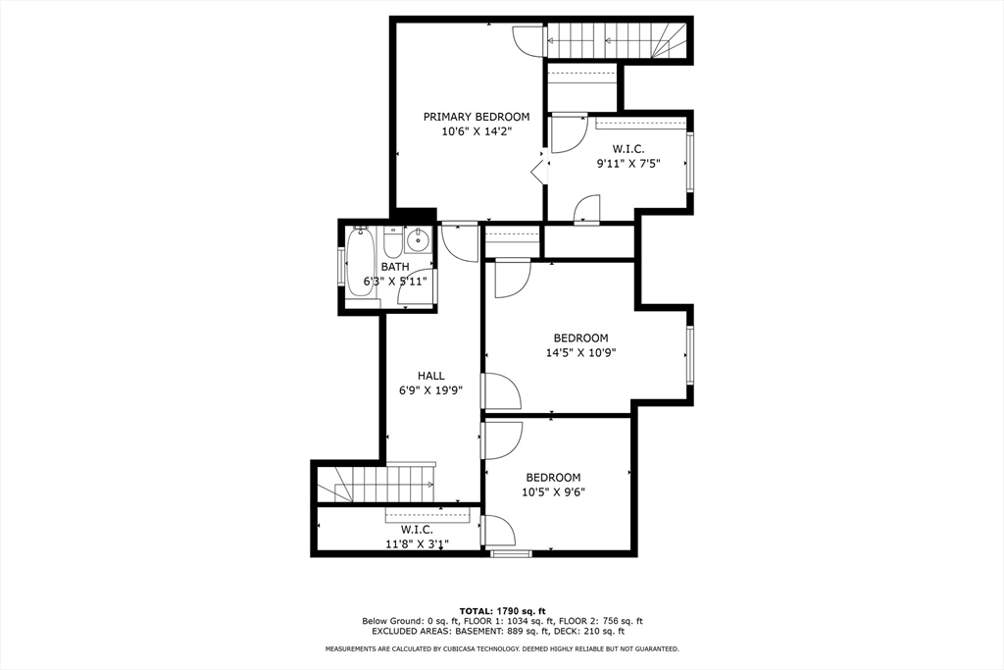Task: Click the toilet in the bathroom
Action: tap(391, 242)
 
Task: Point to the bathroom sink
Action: tap(418, 238)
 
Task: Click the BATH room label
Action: tap(395, 267)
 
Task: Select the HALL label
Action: tap(431, 376)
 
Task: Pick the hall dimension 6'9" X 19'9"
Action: tap(431, 390)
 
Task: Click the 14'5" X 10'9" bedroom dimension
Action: tap(580, 353)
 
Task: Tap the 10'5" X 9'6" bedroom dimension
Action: tap(553, 493)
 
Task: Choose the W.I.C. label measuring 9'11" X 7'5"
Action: tap(627, 149)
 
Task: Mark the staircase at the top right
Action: tap(618, 41)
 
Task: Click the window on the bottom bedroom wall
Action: tap(511, 554)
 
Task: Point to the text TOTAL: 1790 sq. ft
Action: tap(501, 611)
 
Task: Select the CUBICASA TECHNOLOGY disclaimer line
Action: tap(501, 649)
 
